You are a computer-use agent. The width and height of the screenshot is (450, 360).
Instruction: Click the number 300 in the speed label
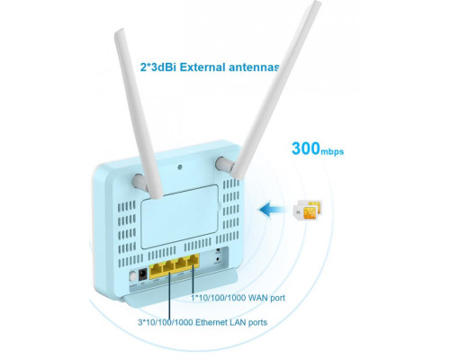coord(306,148)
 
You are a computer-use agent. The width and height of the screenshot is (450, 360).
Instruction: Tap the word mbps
coord(332,151)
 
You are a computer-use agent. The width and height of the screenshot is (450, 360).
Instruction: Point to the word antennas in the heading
coord(254,67)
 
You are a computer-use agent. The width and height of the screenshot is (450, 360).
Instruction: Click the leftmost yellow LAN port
coord(156,272)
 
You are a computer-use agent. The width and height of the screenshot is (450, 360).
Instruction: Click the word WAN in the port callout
coord(257,298)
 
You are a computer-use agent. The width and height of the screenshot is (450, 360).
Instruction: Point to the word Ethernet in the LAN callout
coord(211,322)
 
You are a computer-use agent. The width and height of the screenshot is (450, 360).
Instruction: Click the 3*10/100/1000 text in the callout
coord(165,323)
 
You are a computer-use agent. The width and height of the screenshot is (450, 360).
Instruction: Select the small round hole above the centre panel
coord(180,167)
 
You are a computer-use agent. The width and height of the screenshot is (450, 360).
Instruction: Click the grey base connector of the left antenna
coord(139,182)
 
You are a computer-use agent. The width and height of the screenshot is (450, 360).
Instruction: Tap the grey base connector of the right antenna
coord(224,165)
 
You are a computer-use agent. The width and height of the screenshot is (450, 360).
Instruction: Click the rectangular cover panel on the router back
coord(180,217)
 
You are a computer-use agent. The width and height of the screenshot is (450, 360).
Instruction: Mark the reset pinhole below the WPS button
coord(218,258)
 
